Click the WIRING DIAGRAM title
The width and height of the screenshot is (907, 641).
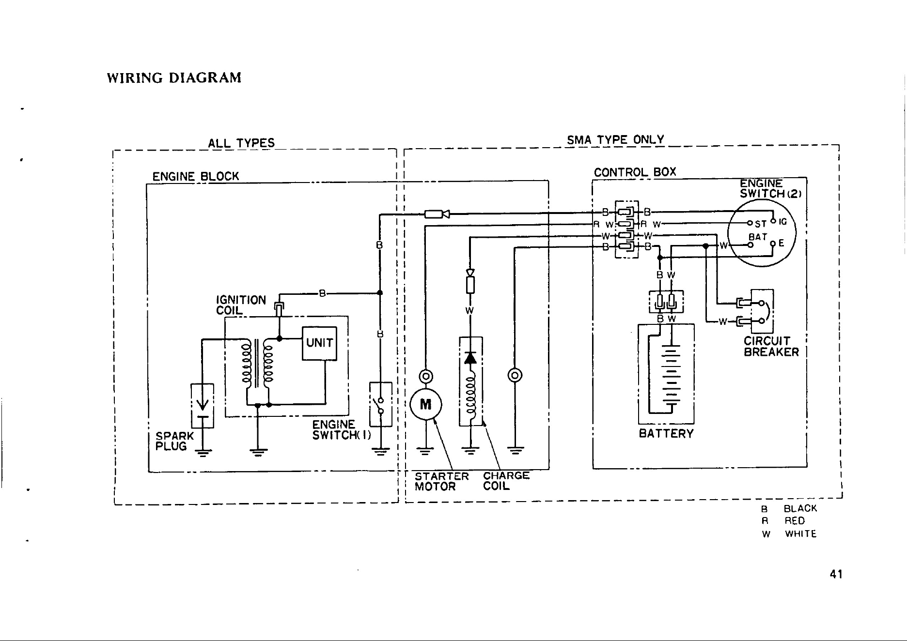[174, 78]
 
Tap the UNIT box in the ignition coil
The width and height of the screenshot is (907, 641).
[319, 343]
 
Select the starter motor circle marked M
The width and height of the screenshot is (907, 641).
[425, 404]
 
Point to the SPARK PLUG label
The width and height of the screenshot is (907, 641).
[174, 441]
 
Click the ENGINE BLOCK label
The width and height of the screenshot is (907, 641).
[196, 176]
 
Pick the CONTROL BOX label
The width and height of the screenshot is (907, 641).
[635, 172]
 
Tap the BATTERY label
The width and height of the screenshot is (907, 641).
[666, 433]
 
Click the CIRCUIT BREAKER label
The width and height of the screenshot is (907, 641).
[771, 346]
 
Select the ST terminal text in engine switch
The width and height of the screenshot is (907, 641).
[760, 224]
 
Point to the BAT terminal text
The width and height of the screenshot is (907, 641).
[758, 237]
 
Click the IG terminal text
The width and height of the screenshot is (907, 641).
[782, 222]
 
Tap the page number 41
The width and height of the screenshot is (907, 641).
[836, 574]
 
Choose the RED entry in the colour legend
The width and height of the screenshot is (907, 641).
[795, 521]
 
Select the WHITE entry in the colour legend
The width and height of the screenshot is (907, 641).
[800, 534]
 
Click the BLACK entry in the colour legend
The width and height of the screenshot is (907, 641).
[800, 508]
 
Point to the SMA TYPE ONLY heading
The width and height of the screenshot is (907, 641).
[615, 140]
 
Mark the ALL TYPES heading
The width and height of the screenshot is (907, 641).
[241, 143]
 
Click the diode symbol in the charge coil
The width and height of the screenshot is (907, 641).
[470, 358]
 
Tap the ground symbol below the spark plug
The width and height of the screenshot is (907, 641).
[203, 453]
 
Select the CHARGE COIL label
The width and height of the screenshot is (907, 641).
[506, 481]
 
